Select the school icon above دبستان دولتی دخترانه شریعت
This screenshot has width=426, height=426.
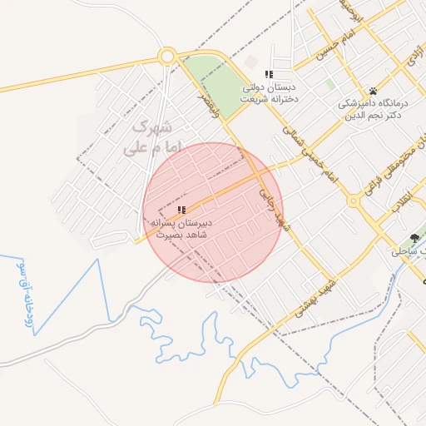pyautogui.click(x=269, y=75)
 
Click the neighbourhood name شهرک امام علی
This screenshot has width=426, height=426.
pyautogui.click(x=151, y=139)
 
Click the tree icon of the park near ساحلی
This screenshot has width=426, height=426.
pyautogui.click(x=414, y=238)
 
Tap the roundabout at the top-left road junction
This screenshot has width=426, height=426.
pyautogui.click(x=166, y=56)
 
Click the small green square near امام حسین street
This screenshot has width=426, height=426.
pyautogui.click(x=330, y=84)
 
